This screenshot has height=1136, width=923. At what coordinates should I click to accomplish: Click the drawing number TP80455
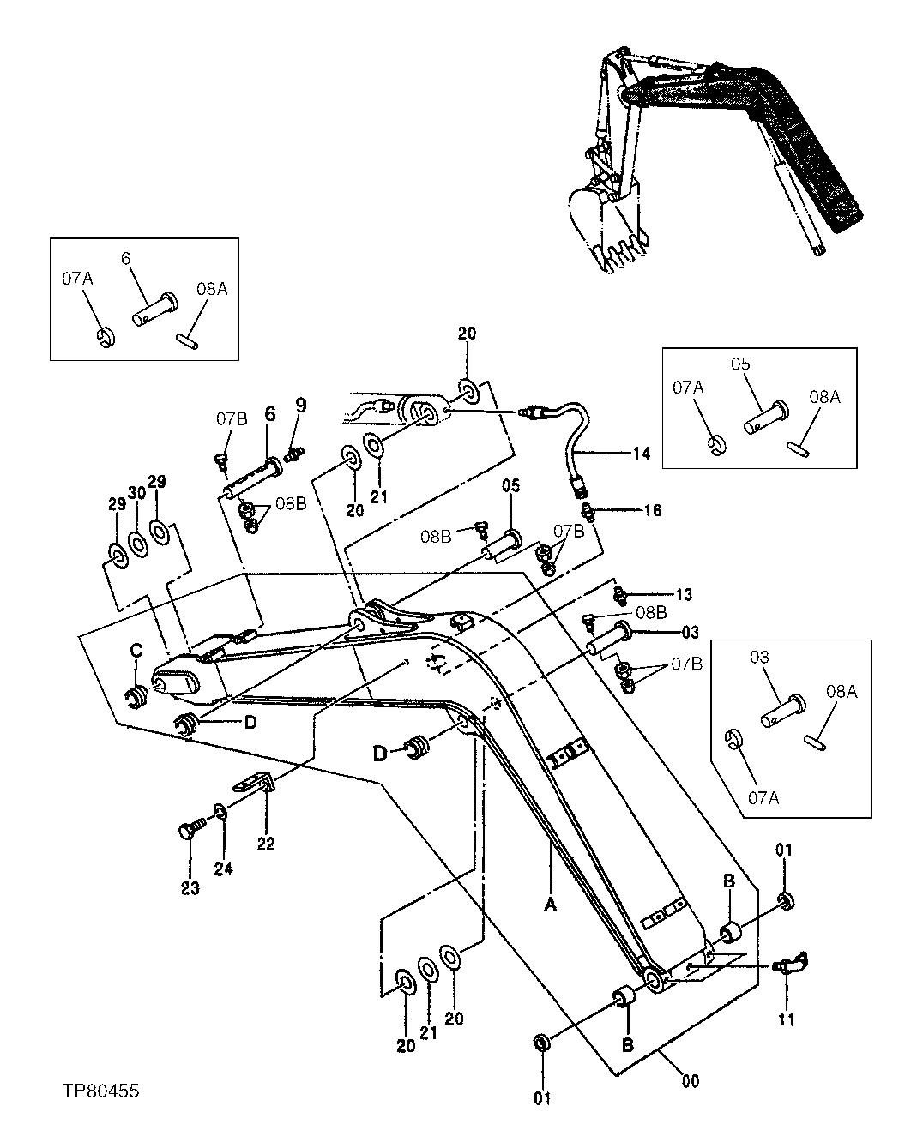[x=100, y=1091]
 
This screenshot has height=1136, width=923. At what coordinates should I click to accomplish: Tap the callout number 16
[x=652, y=511]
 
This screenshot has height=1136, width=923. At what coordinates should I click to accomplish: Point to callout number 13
[x=683, y=594]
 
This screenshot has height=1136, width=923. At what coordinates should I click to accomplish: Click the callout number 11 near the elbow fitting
[x=787, y=1019]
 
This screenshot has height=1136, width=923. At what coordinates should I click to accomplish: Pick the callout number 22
[x=266, y=844]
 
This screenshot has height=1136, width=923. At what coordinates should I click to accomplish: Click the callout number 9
[x=300, y=403]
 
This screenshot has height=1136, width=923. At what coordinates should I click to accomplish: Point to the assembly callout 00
[x=691, y=1081]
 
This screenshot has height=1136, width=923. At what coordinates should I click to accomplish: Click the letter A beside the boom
[x=550, y=905]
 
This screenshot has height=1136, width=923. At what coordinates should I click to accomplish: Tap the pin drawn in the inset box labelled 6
[x=154, y=309]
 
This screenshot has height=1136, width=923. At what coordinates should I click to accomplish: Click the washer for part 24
[x=220, y=811]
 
